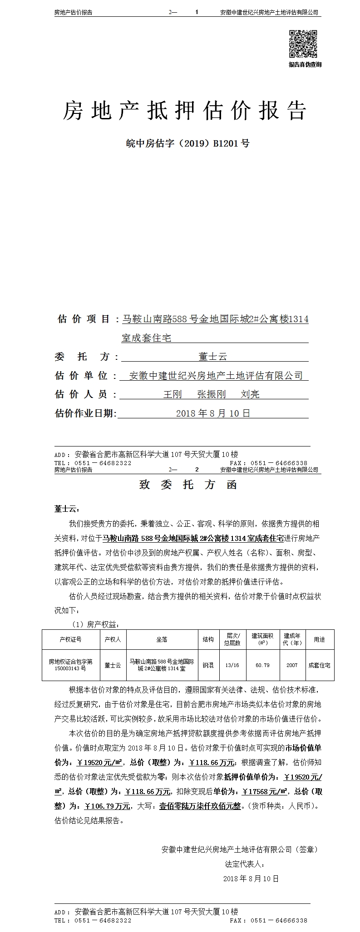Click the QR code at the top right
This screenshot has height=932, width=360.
tap(304, 43)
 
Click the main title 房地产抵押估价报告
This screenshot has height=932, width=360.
tap(184, 110)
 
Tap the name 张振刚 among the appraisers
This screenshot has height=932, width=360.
tap(211, 394)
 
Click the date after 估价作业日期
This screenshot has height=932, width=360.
tap(212, 413)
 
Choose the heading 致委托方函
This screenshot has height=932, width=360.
tap(187, 485)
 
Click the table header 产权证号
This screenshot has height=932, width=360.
tap(70, 639)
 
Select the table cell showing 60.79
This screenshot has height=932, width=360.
tap(262, 665)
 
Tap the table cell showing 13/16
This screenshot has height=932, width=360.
tap(232, 665)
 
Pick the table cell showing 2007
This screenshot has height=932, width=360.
tap(292, 665)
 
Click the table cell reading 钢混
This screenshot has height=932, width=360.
tap(208, 665)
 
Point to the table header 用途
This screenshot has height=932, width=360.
tap(319, 639)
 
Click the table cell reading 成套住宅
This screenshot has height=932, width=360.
tap(319, 665)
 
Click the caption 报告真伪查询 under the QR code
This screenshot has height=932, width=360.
tap(305, 64)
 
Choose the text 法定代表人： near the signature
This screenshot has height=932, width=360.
tap(244, 864)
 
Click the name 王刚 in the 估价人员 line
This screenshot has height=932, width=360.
tap(172, 394)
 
